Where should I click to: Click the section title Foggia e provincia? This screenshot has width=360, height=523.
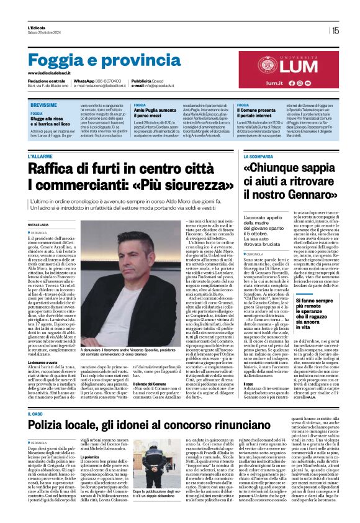click(96, 61)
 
